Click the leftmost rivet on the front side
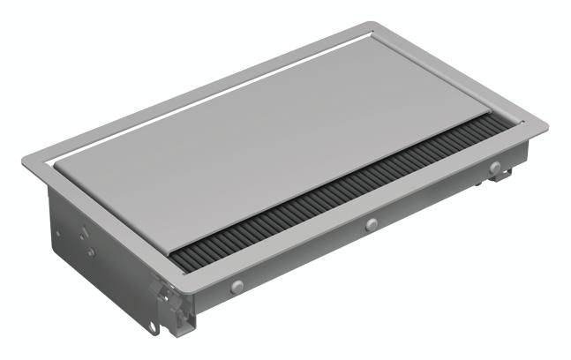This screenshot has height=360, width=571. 236,286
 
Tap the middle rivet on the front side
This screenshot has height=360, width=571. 372,224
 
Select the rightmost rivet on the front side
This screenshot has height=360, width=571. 495,168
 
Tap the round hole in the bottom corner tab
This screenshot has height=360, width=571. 154,328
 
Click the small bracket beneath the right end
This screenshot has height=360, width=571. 500,176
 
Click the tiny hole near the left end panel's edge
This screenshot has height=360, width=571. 58,235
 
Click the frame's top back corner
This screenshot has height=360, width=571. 374,25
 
